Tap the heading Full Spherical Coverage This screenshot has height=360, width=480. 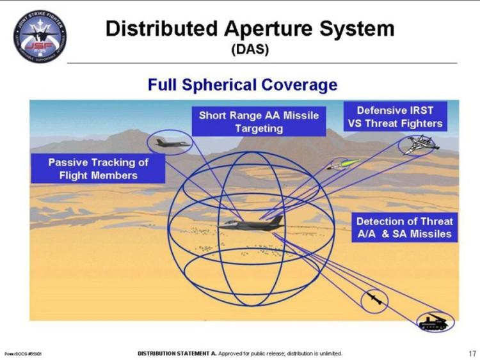pos(243,84)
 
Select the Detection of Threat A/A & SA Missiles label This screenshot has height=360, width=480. pos(404,228)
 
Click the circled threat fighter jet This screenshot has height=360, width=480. pos(419,145)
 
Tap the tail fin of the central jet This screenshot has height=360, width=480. pos(276,220)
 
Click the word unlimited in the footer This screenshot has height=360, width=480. pos(330,353)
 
